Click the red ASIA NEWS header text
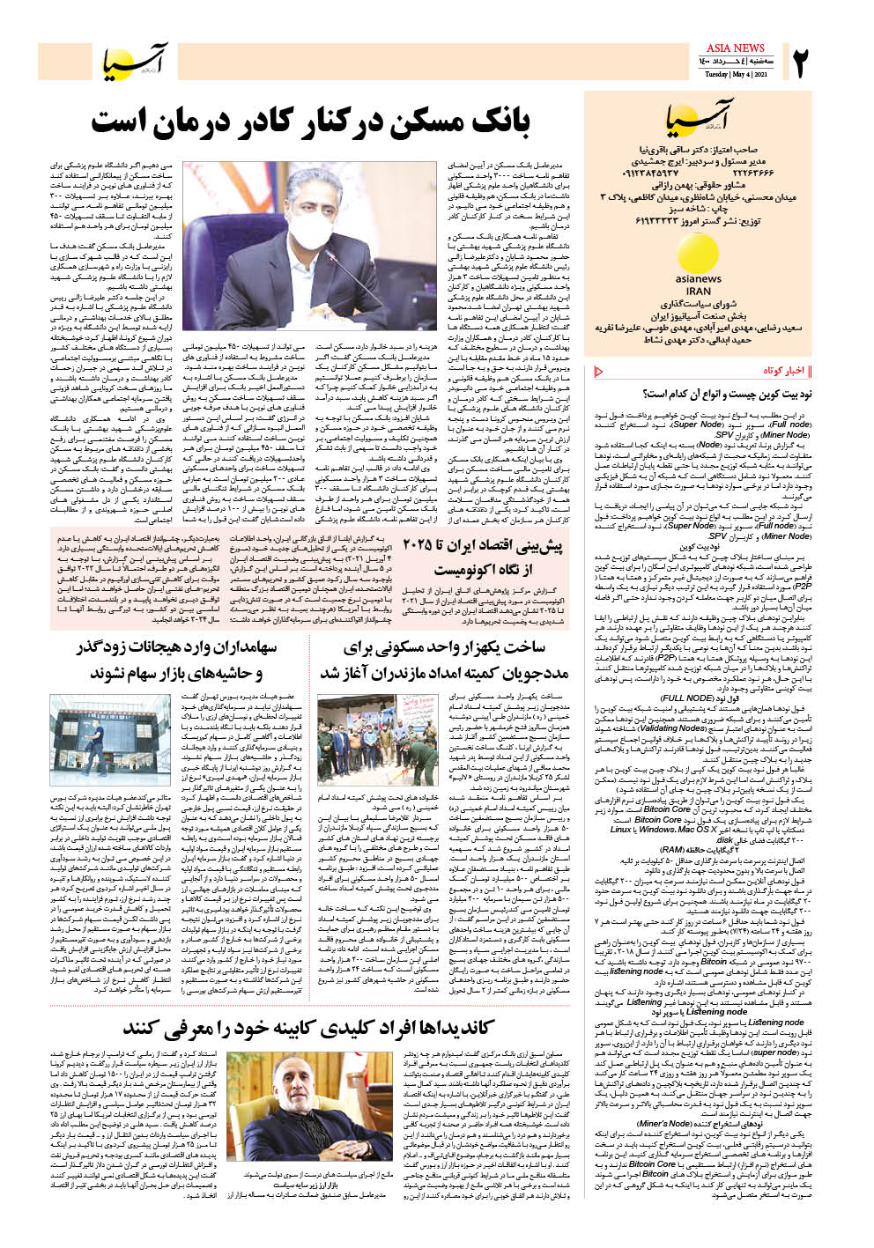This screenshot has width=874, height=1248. tap(735, 48)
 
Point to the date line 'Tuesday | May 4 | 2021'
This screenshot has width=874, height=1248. tap(736, 75)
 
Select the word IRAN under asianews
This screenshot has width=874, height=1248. tap(698, 291)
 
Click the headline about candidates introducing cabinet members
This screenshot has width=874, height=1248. tap(309, 1028)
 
